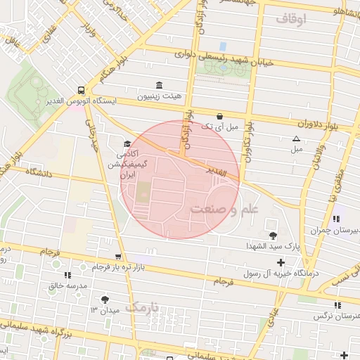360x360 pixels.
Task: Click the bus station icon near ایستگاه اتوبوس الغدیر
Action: pos(82,91)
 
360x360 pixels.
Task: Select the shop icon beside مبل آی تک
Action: pos(219,116)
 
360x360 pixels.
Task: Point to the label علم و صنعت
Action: pos(224,209)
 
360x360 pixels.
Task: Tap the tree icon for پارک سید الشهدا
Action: pos(273,236)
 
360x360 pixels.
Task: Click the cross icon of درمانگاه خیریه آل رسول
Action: pos(281,262)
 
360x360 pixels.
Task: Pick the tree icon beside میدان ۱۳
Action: pos(105,300)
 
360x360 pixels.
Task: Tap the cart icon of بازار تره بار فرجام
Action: pos(117,257)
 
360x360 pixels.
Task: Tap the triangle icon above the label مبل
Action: pos(296,139)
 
